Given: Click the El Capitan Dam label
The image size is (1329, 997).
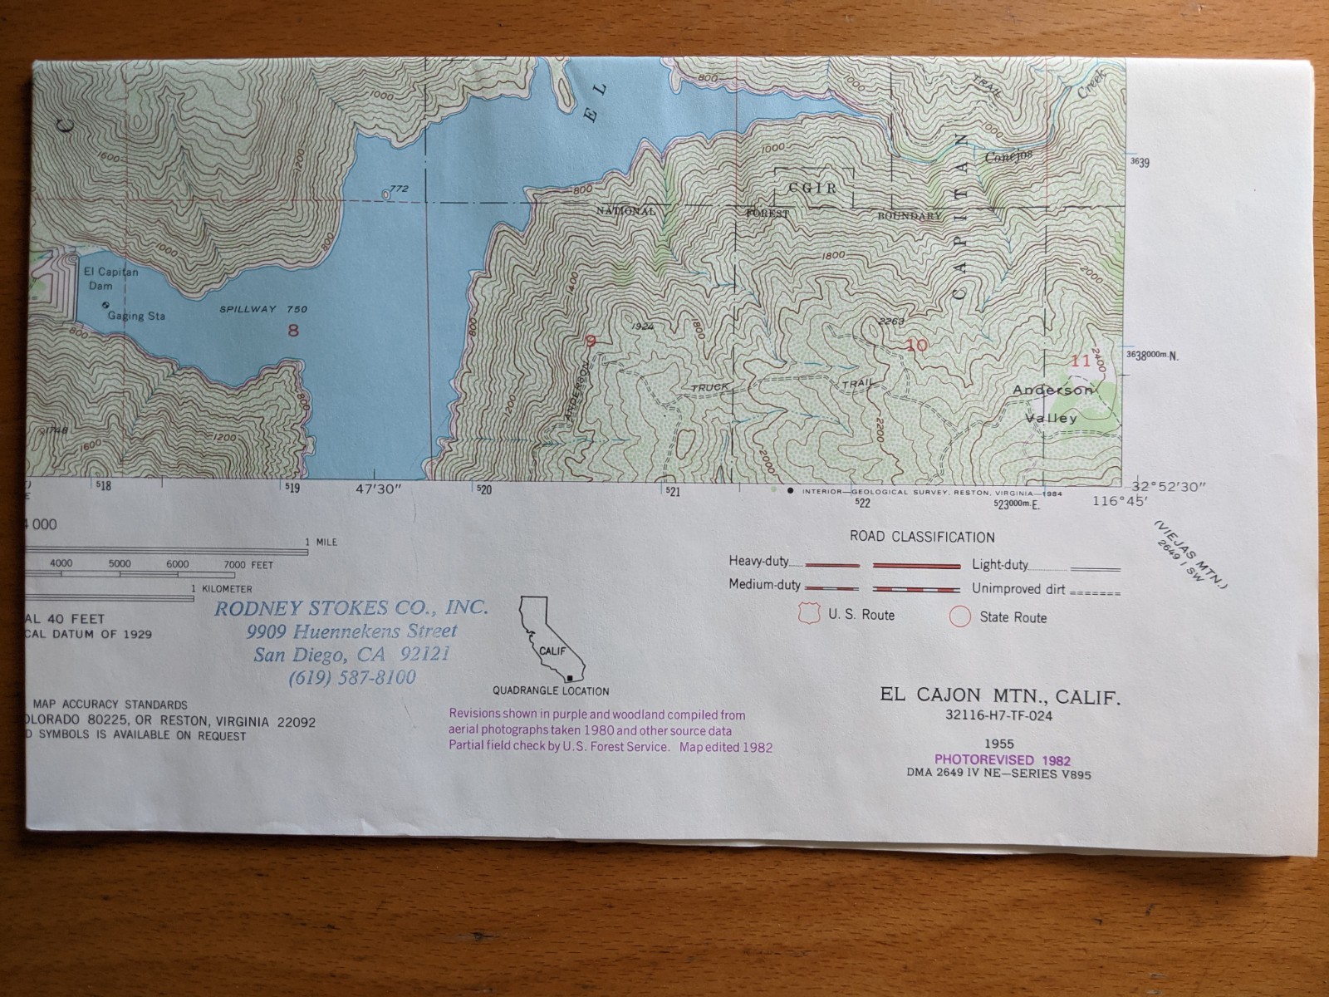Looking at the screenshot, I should tap(110, 278).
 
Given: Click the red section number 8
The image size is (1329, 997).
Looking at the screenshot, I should tap(292, 331).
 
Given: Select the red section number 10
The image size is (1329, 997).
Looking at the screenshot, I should tap(917, 345).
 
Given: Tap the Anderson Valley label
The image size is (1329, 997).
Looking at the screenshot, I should tap(1052, 404).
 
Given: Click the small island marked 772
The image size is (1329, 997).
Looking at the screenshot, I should tap(385, 194).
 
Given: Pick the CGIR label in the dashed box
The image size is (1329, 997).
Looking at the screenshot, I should tap(812, 189).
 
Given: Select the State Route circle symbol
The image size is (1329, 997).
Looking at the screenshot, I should tap(960, 616).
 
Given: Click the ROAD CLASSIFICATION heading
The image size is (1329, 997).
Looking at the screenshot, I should tap(921, 537).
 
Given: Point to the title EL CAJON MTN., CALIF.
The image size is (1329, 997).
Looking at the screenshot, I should tap(1000, 696).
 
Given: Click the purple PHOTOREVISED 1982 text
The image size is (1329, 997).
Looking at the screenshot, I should tap(1002, 759).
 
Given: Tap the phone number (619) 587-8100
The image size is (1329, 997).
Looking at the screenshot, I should tap(352, 678).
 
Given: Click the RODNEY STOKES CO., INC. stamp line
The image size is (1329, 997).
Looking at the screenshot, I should tap(351, 607).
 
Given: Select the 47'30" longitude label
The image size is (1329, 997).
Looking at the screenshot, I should tap(379, 489).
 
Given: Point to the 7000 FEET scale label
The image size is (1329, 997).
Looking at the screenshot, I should tap(248, 565).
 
